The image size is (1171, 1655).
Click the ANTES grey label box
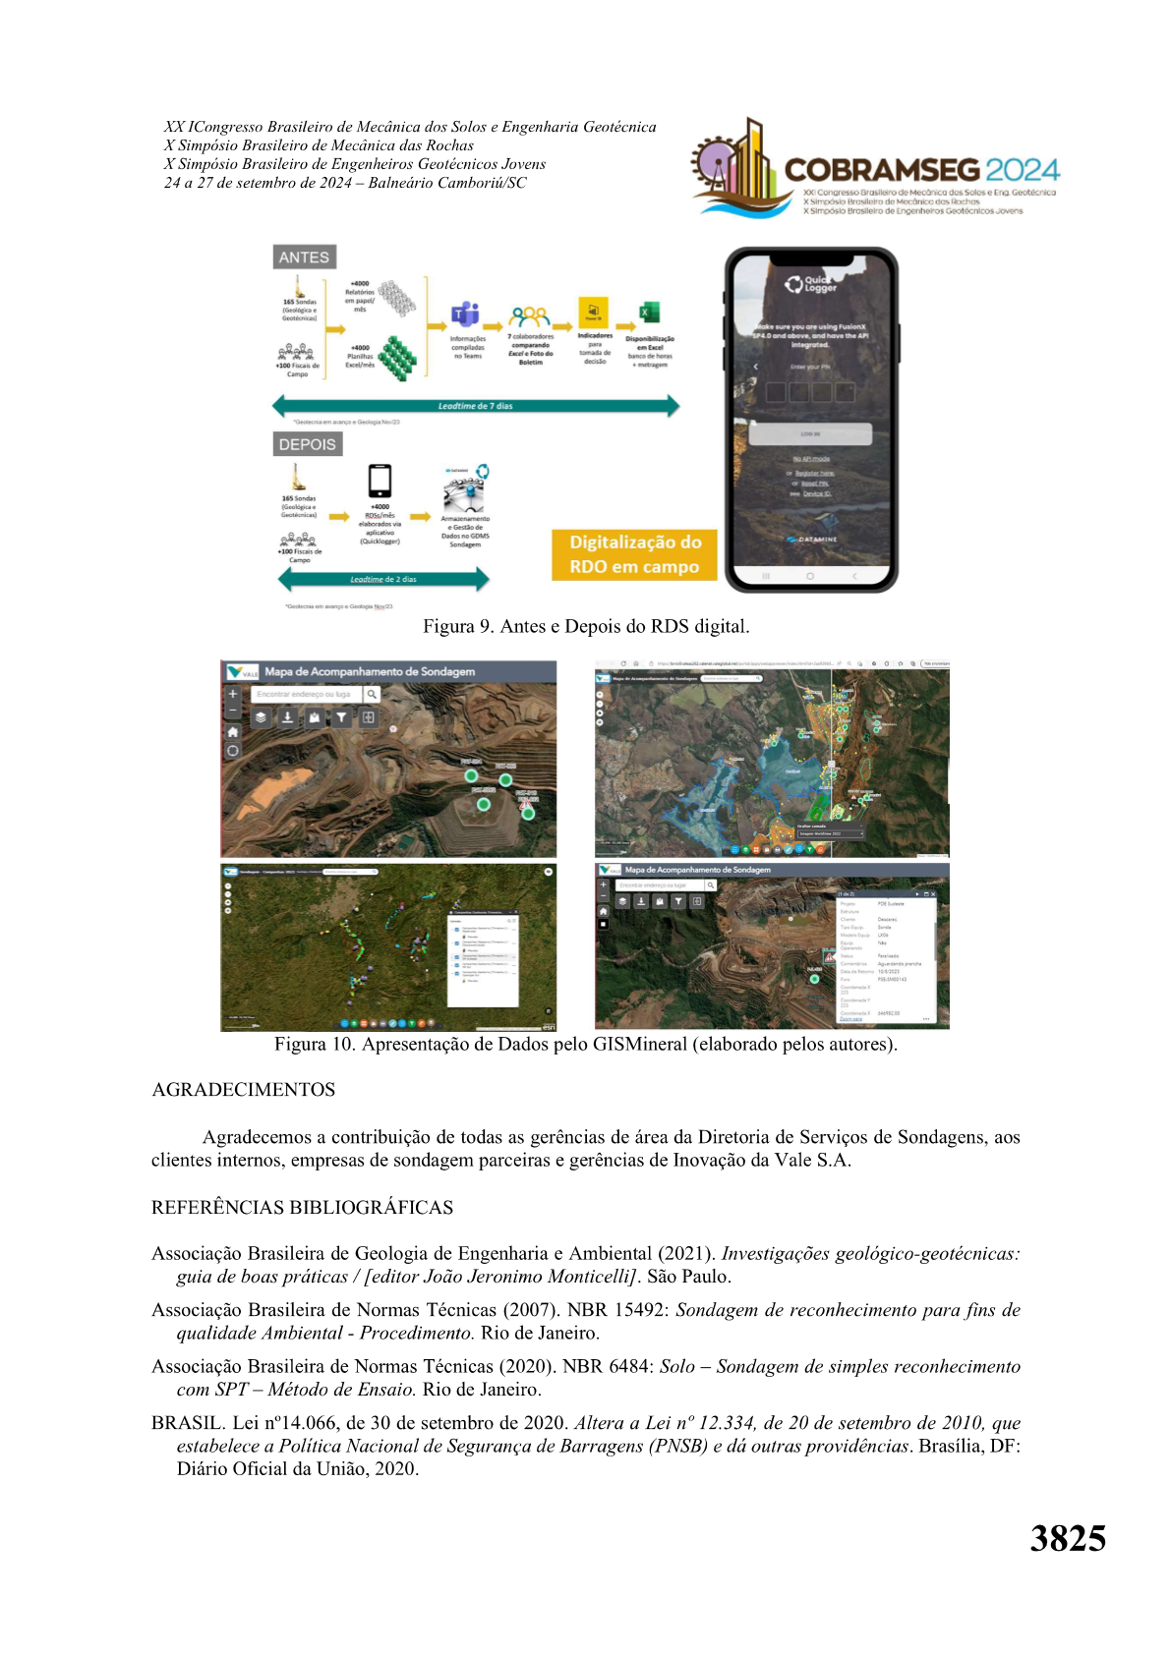(x=304, y=257)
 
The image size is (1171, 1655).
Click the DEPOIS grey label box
(x=307, y=444)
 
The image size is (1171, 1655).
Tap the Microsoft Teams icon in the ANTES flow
(x=465, y=315)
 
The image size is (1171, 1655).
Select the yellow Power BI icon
(x=594, y=313)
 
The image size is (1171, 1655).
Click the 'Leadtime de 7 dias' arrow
(x=476, y=405)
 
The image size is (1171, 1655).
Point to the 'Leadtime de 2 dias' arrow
(x=383, y=580)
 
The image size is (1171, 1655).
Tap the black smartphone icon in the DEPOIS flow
(x=380, y=482)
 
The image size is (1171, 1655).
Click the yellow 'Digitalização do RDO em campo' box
(x=634, y=554)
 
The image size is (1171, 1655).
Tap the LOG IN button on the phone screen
(x=810, y=433)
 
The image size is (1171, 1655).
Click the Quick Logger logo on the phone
(x=810, y=284)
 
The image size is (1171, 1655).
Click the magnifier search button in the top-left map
(x=372, y=694)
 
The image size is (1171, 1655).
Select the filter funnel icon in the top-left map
(x=341, y=717)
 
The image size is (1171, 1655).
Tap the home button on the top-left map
(x=233, y=732)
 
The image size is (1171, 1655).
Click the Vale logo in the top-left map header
(x=242, y=672)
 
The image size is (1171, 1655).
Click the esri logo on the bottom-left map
(x=549, y=1025)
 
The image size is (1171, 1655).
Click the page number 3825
(x=1068, y=1538)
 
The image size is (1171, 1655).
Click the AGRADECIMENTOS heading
(x=244, y=1090)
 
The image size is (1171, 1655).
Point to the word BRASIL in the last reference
(x=187, y=1423)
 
